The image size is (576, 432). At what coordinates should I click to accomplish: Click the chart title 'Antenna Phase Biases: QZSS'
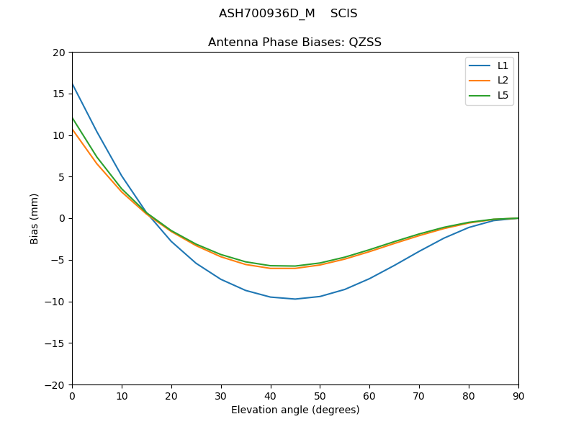(x=294, y=42)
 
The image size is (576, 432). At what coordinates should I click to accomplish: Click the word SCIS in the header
(x=343, y=14)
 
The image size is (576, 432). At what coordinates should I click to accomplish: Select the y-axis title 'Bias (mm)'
(x=35, y=218)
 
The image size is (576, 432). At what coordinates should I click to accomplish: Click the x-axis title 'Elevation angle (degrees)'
(x=294, y=410)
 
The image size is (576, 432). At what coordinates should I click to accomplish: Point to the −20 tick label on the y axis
(x=55, y=385)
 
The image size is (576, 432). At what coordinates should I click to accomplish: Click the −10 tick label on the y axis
(x=55, y=302)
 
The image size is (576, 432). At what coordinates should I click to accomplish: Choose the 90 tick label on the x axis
(x=518, y=396)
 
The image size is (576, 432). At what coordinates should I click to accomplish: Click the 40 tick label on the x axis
(x=270, y=396)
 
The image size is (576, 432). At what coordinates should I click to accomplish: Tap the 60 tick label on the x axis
(x=369, y=396)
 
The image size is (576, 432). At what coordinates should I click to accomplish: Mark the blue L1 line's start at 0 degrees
(x=73, y=84)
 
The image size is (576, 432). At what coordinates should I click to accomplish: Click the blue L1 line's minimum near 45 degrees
(x=295, y=299)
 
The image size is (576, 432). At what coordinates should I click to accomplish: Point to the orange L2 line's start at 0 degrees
(x=73, y=130)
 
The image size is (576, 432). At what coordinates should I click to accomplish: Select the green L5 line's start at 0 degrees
(x=73, y=118)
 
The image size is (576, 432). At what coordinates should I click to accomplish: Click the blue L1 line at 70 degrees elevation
(x=419, y=251)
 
